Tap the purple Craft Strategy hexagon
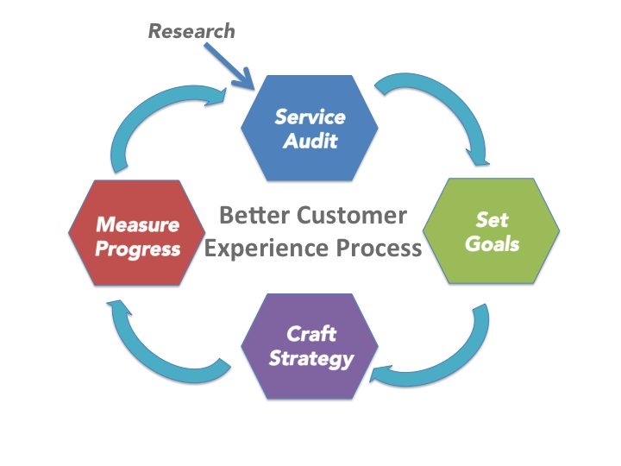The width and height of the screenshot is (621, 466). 311,346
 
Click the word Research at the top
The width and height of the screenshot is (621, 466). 191,31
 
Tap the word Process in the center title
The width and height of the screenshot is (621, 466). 380,249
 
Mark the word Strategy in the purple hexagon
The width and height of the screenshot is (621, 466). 311,357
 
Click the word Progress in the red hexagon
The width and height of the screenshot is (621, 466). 138,249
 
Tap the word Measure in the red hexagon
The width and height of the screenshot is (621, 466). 138,225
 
